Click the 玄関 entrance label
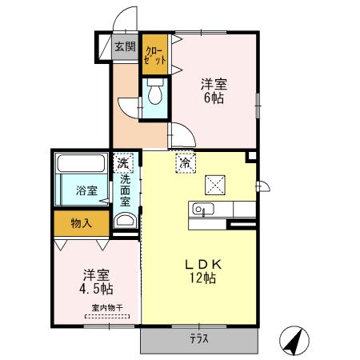coord(124,47)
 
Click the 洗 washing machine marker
coord(123,162)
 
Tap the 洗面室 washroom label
coord(125,191)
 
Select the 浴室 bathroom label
coord(87,191)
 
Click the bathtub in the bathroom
coord(79,167)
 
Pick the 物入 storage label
coord(80,223)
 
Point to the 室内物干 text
coord(106,309)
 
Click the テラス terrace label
coord(199,338)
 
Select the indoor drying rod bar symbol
coord(106,317)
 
